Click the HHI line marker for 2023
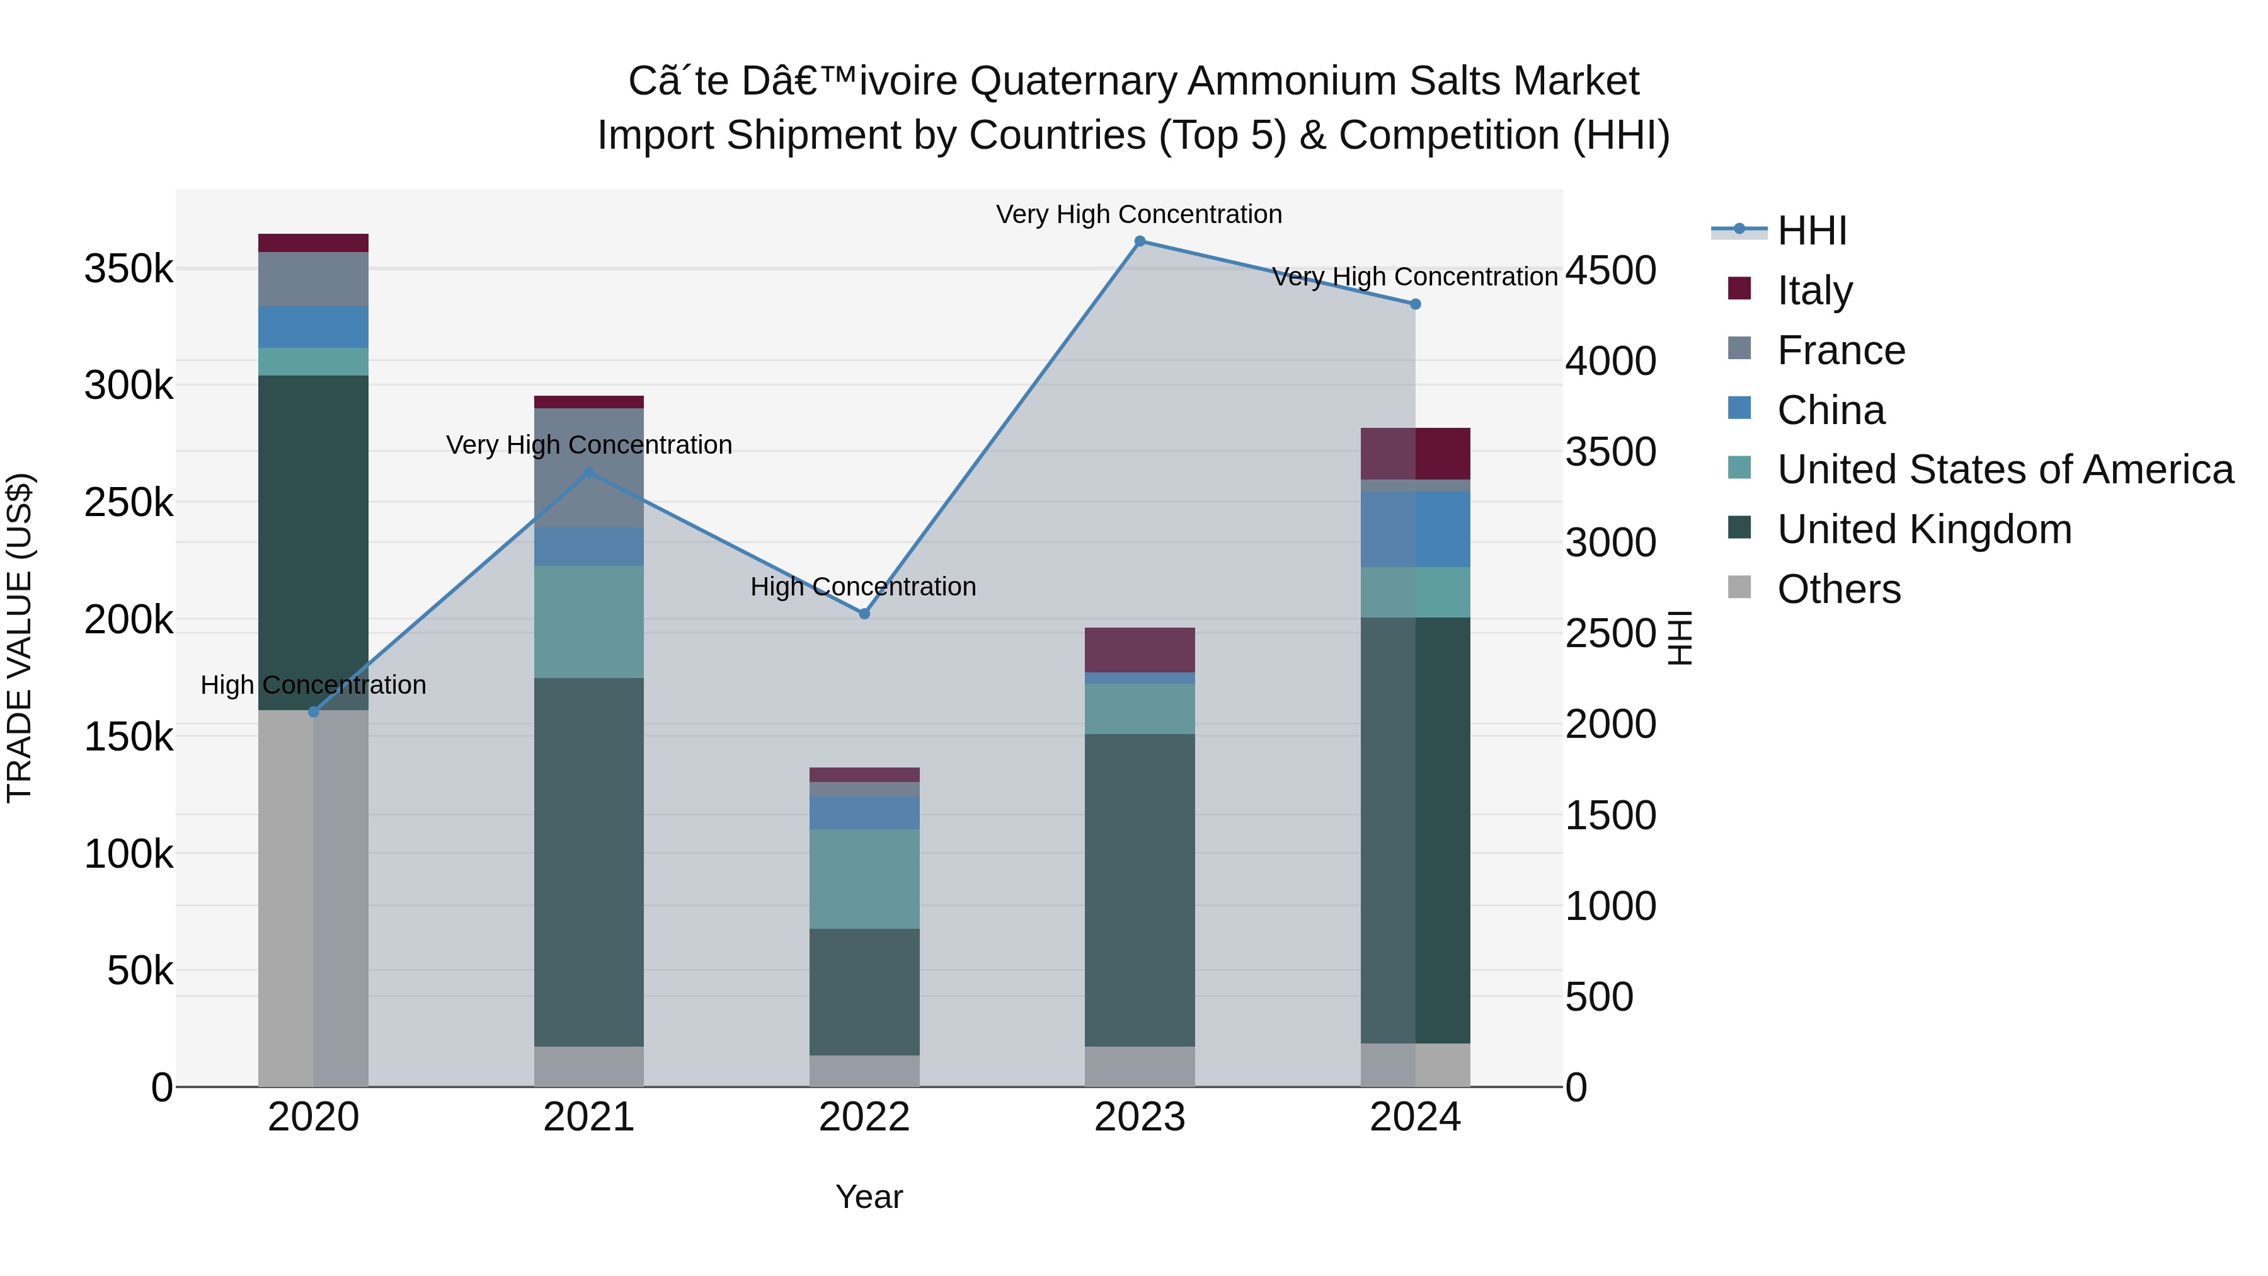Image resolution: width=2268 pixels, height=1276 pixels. pos(1139,241)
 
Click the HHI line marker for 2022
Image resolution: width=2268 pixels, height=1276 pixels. pos(864,614)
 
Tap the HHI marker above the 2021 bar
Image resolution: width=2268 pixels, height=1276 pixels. pos(589,473)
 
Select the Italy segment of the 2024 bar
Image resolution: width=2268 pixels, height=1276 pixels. pos(1415,454)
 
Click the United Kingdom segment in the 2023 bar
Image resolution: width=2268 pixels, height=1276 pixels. pos(1139,889)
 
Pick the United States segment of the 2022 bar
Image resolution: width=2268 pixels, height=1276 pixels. pos(864,878)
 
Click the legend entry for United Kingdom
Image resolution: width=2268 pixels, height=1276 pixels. pos(1924,529)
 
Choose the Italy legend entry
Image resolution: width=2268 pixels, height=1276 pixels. pos(1814,290)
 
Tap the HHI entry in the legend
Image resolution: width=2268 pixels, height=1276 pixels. pos(1811,231)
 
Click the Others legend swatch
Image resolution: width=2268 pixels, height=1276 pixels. pos(1739,587)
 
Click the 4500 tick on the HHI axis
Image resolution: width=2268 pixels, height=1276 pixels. pos(1610,270)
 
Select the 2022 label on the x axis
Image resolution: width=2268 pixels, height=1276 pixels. pos(864,1117)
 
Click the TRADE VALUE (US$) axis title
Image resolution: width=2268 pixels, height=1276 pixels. pos(20,638)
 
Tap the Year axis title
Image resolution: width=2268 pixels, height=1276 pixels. pos(868,1197)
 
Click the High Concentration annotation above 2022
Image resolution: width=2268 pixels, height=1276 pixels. pos(863,587)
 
